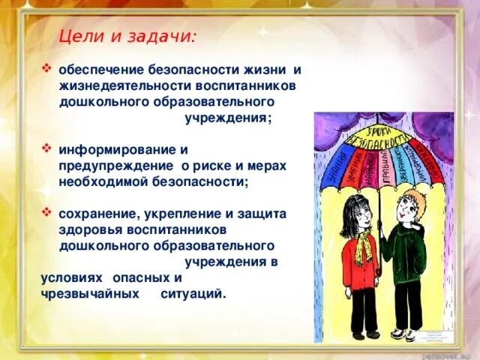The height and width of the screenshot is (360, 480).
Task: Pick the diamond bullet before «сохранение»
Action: pos(47,212)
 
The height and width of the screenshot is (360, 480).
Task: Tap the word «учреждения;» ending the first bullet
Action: pos(228,118)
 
